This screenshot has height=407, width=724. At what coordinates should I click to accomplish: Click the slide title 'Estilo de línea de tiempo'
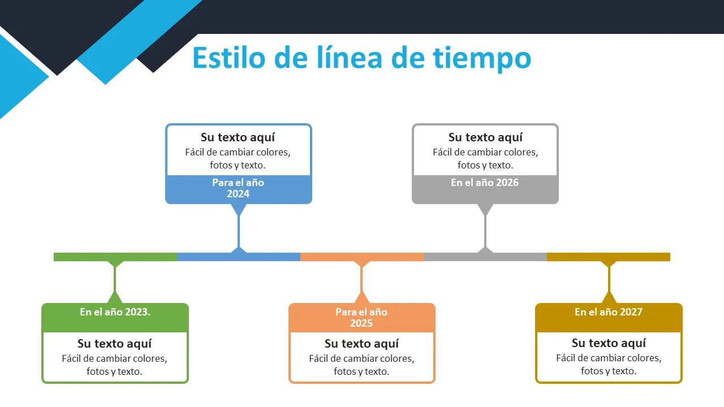(361, 58)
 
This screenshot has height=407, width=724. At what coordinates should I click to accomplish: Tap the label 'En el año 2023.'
(115, 312)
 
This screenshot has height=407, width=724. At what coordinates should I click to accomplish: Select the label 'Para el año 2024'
(238, 188)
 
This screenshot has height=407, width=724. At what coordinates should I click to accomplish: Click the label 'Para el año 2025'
(361, 318)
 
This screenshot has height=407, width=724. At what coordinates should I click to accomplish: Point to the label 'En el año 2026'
(485, 183)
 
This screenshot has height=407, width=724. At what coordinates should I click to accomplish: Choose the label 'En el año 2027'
(609, 312)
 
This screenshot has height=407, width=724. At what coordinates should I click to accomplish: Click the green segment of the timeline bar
(85, 257)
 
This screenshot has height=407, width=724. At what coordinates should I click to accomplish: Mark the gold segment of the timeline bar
(639, 257)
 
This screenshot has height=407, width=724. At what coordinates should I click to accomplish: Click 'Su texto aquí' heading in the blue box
(238, 137)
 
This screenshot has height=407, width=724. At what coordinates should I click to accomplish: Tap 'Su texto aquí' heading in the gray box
(485, 137)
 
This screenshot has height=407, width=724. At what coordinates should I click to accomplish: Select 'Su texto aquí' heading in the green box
(115, 344)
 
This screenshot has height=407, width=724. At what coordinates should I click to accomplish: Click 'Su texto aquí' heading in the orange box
(361, 344)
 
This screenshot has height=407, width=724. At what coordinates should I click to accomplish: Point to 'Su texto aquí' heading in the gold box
(609, 343)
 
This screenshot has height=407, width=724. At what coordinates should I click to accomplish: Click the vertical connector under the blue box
(239, 232)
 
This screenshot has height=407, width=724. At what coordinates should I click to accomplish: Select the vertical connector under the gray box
(485, 232)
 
